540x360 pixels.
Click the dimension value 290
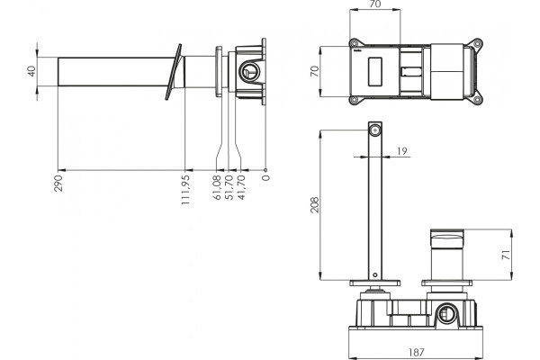click(58, 184)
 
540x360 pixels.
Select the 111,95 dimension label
click(185, 190)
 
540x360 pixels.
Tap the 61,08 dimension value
click(217, 187)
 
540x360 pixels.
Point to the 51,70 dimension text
click(229, 187)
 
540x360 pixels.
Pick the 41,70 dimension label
click(241, 187)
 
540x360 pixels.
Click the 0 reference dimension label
click(265, 178)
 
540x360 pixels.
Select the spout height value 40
click(31, 71)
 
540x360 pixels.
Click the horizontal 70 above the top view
click(374, 4)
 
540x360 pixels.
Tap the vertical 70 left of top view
click(315, 71)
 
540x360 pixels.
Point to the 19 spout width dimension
click(402, 151)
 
